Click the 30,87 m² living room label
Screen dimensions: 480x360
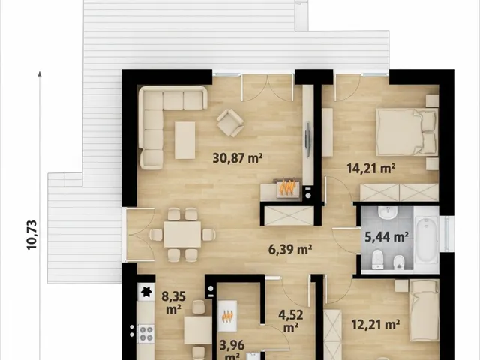[x=238, y=158]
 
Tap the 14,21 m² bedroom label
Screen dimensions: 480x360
[x=371, y=168]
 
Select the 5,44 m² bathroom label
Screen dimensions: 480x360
[x=387, y=236]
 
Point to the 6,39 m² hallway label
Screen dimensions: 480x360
[x=290, y=249]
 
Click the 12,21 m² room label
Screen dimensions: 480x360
[x=376, y=324]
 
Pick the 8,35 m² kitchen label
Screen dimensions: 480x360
[x=173, y=303]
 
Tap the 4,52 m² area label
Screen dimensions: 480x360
[x=291, y=321]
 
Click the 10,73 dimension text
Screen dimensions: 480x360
[x=31, y=235]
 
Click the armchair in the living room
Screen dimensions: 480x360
[x=230, y=123]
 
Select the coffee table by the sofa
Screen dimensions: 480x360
[x=185, y=140]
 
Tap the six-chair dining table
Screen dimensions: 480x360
[x=182, y=235]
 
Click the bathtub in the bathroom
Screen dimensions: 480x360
[x=427, y=239]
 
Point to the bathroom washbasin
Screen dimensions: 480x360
[x=388, y=213]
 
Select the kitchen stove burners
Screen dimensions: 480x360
[x=146, y=334]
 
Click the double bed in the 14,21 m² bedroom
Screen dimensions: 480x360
[x=406, y=132]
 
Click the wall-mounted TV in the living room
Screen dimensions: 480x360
[x=308, y=139]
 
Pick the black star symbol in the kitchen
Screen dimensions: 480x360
[x=146, y=292]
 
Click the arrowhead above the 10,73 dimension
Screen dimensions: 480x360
[x=40, y=73]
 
